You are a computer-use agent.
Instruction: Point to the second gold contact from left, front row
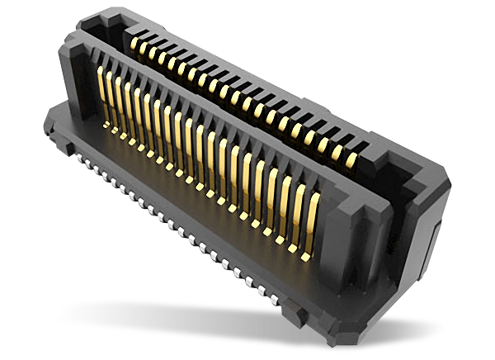pyautogui.click(x=110, y=97)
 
